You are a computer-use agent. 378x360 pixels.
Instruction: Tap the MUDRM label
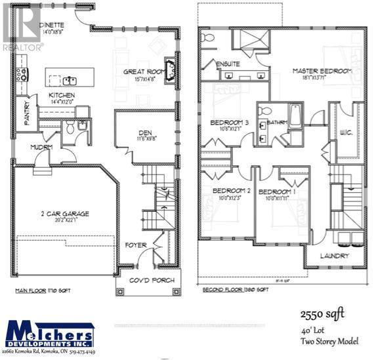(x=41, y=147)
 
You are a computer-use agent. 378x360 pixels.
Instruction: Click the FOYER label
(x=136, y=245)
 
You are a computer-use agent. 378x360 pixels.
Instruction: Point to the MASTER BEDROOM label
(x=322, y=71)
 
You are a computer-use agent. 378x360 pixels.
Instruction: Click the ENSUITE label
(x=228, y=64)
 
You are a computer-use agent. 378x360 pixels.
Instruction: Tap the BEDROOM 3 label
(x=229, y=123)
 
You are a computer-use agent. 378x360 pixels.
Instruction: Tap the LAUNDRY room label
(x=335, y=256)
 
